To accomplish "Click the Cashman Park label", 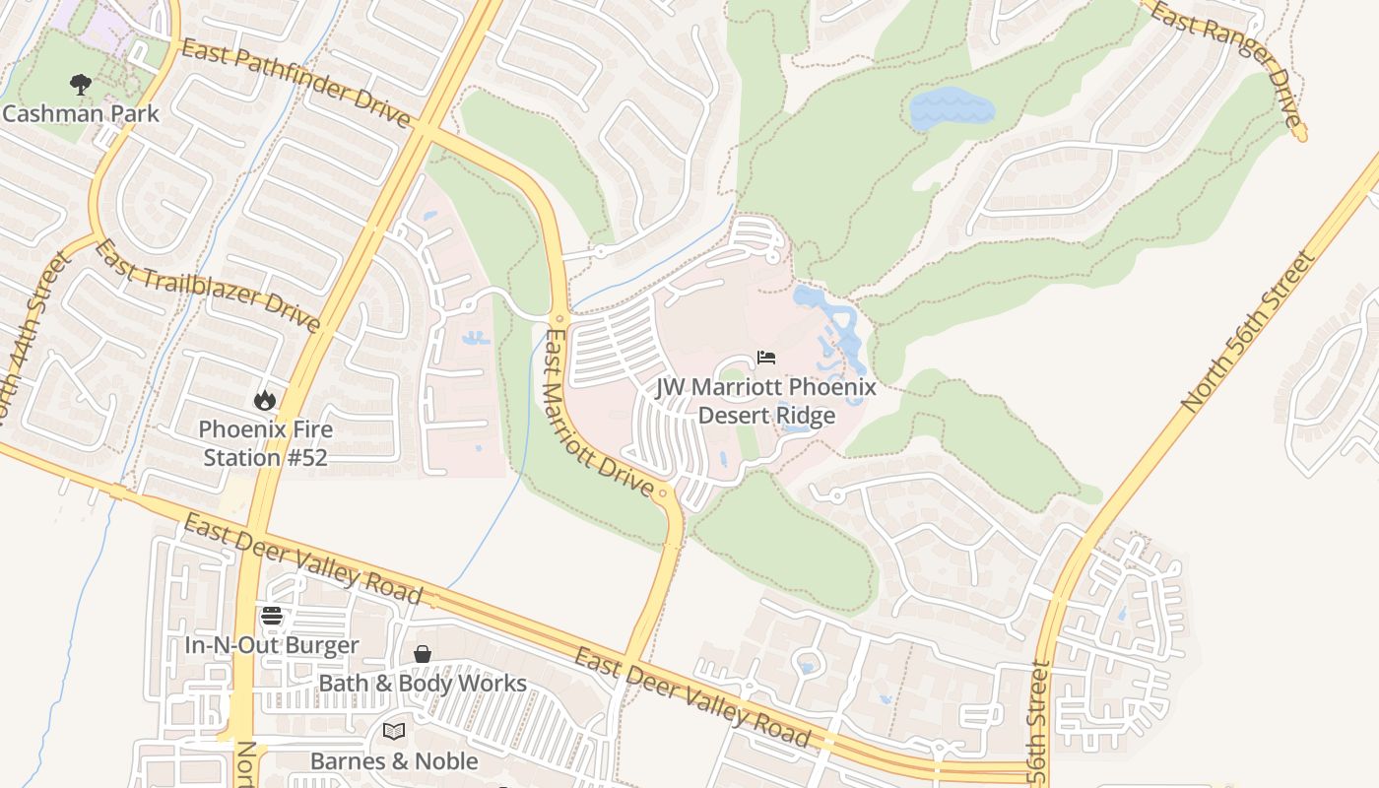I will (x=81, y=113).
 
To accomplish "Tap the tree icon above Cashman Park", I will (x=81, y=85).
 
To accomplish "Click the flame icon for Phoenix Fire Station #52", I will (x=264, y=400).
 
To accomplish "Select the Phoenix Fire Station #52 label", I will (x=265, y=443).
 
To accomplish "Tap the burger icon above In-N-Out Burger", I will (x=272, y=617).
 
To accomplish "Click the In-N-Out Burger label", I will (x=272, y=645).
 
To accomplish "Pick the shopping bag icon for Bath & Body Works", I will (x=422, y=654).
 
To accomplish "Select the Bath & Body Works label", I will (x=422, y=683).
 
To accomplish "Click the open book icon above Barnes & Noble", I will (x=393, y=731).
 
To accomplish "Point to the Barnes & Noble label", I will (x=394, y=760).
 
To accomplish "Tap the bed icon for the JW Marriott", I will (x=766, y=357).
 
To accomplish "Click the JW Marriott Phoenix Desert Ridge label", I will (x=766, y=400).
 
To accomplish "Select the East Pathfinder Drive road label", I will (x=295, y=84).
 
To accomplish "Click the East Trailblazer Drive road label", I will (x=208, y=286).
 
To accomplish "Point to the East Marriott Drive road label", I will (x=597, y=414).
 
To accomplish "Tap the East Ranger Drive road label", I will (x=1227, y=64).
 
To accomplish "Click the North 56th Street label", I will (x=1249, y=332).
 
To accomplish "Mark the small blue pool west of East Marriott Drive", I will (x=477, y=338).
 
